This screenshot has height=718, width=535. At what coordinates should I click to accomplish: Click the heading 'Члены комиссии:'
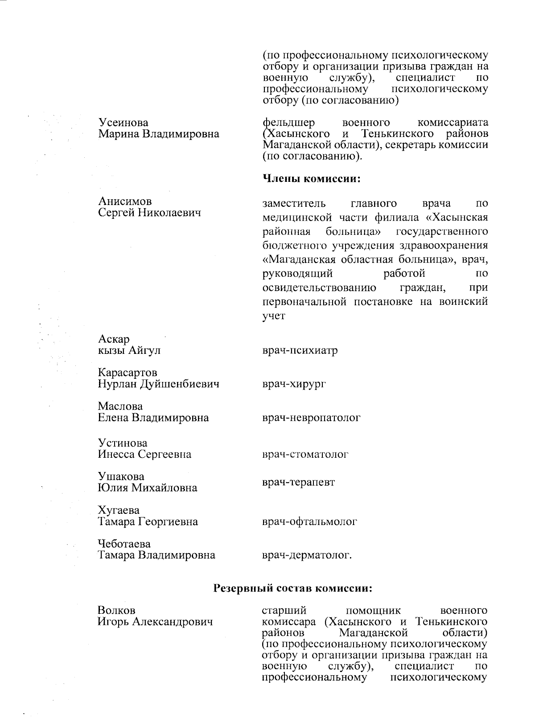(x=311, y=179)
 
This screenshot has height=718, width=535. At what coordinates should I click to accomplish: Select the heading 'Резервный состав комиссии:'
(x=293, y=588)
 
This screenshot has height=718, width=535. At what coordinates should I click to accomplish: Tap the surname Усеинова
(x=123, y=123)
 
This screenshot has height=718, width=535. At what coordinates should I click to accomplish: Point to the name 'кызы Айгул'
(x=129, y=350)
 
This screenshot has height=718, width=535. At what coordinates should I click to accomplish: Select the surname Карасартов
(x=128, y=372)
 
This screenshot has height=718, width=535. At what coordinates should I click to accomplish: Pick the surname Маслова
(x=120, y=406)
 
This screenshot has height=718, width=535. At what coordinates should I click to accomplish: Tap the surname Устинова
(x=123, y=443)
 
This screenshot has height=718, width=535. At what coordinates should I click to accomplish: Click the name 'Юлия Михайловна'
(x=148, y=488)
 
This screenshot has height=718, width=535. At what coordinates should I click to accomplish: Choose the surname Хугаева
(x=119, y=510)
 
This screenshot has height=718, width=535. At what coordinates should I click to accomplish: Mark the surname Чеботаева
(x=124, y=544)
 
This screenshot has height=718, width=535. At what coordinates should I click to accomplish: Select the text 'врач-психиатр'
(x=300, y=350)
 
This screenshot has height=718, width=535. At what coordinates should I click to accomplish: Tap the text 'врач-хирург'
(x=294, y=384)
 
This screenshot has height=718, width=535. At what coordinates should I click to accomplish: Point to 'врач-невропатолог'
(x=311, y=418)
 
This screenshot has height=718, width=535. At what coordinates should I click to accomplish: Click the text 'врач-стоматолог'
(x=305, y=454)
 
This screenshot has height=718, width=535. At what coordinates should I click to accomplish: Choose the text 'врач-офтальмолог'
(x=309, y=521)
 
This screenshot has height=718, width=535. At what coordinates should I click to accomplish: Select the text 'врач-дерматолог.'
(x=307, y=555)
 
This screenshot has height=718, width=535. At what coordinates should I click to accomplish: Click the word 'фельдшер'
(x=288, y=123)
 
